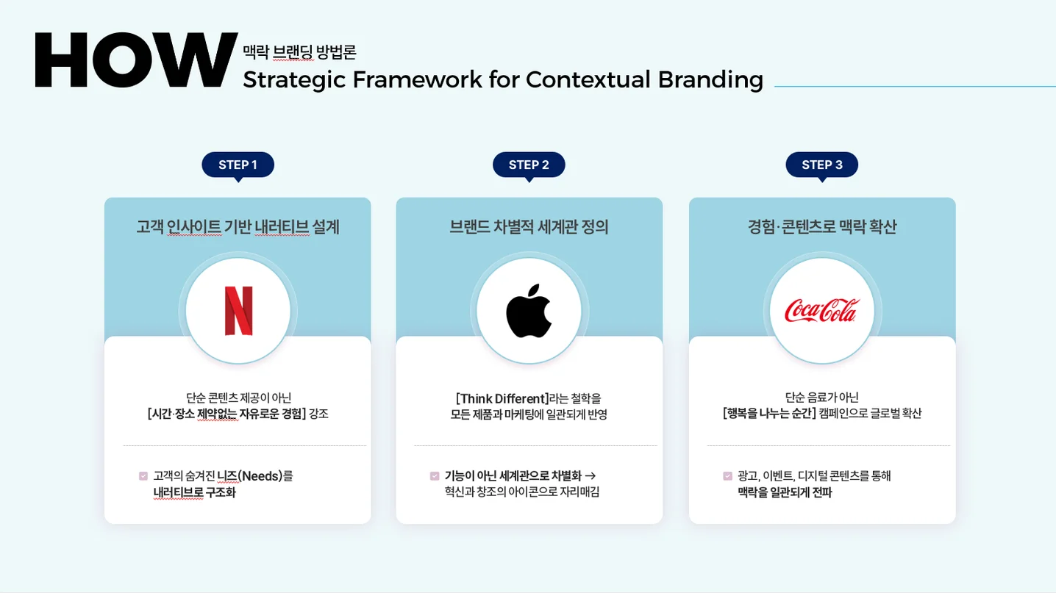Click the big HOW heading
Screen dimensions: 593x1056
coord(136,61)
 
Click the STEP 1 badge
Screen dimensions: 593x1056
coord(238,165)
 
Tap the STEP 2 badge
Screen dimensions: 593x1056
coord(529,165)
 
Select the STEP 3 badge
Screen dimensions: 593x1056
coord(821,165)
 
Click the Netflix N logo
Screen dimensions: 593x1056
coord(238,311)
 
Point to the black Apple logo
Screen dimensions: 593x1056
coord(529,310)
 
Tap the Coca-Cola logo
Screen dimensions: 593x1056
coord(821,311)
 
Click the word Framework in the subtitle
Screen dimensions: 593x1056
coord(418,79)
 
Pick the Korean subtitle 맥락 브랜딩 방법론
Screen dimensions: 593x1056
coord(299,52)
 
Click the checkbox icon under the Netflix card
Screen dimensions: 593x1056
coord(143,476)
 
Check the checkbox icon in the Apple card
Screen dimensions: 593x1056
coord(435,476)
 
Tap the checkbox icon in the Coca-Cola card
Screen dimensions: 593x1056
coord(727,476)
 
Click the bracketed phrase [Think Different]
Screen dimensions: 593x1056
coord(502,398)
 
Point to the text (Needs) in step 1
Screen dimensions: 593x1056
coord(260,476)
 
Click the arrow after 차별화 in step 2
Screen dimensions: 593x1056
coord(590,475)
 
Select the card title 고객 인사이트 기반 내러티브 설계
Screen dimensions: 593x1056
coord(238,227)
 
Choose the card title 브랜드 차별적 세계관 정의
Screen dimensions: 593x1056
coord(529,227)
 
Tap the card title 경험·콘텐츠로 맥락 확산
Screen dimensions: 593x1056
coord(821,227)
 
